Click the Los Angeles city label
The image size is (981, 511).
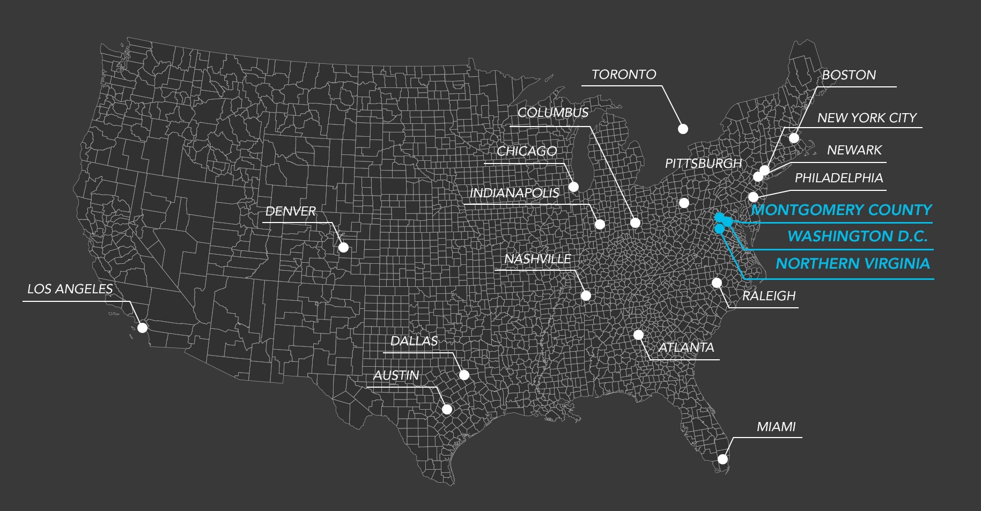click(x=70, y=289)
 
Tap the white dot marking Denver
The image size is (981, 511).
click(x=343, y=247)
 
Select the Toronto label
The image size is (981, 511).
click(x=624, y=75)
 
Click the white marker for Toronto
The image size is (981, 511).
click(x=683, y=129)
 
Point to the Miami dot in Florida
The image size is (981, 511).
click(x=722, y=459)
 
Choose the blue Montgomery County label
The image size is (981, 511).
click(x=842, y=210)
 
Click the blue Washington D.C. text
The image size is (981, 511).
click(x=857, y=236)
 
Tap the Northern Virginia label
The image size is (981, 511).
click(x=852, y=263)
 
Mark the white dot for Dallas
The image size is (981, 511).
click(x=464, y=375)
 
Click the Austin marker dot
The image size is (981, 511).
click(x=447, y=409)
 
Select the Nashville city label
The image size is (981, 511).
click(x=537, y=259)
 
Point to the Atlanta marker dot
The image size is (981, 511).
click(x=638, y=335)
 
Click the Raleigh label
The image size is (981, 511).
click(x=769, y=296)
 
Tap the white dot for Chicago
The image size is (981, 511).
click(x=573, y=187)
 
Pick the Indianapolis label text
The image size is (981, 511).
click(x=514, y=193)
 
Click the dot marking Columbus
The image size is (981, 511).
click(x=635, y=223)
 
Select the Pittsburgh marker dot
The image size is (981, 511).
click(x=684, y=203)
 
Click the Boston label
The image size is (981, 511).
click(x=849, y=75)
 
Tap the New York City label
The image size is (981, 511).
click(x=867, y=118)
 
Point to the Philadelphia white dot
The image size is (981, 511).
click(x=754, y=197)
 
